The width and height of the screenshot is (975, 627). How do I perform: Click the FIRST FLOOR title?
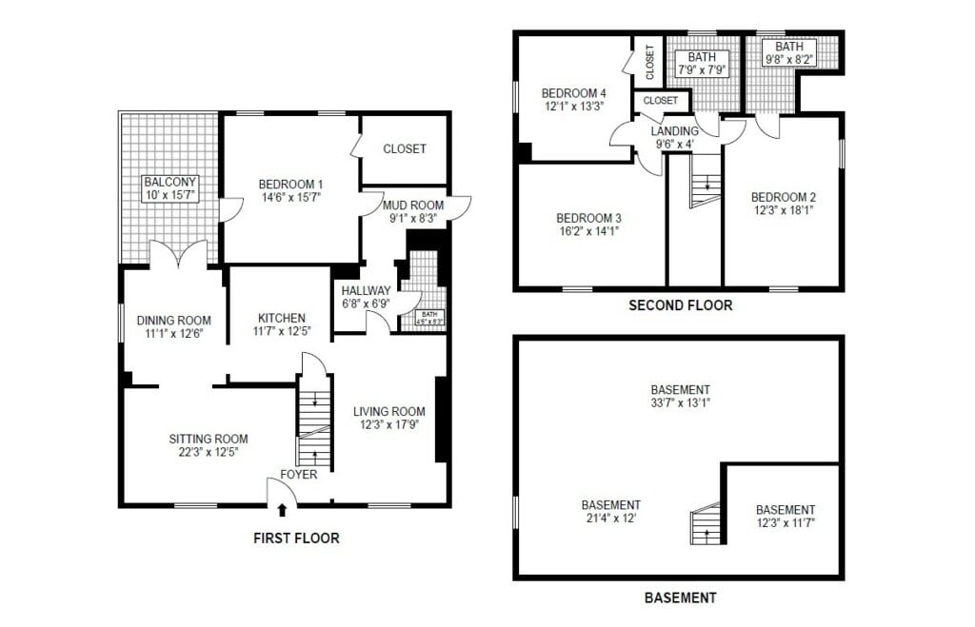[295, 539]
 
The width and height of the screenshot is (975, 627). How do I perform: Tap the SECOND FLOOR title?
[680, 305]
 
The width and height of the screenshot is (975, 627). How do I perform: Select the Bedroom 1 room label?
[290, 185]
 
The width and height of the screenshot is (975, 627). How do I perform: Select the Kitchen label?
[282, 318]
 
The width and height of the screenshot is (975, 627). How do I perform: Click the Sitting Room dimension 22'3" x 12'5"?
[208, 452]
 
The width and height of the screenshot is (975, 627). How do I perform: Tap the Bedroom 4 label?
[574, 92]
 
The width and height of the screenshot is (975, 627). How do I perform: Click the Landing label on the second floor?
[674, 130]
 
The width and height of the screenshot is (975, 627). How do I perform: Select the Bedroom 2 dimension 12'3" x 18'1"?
[783, 211]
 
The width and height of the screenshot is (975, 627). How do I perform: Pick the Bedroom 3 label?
[588, 216]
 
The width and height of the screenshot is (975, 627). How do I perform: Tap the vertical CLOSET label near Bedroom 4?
[649, 62]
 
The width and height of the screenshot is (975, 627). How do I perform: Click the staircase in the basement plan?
[706, 524]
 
